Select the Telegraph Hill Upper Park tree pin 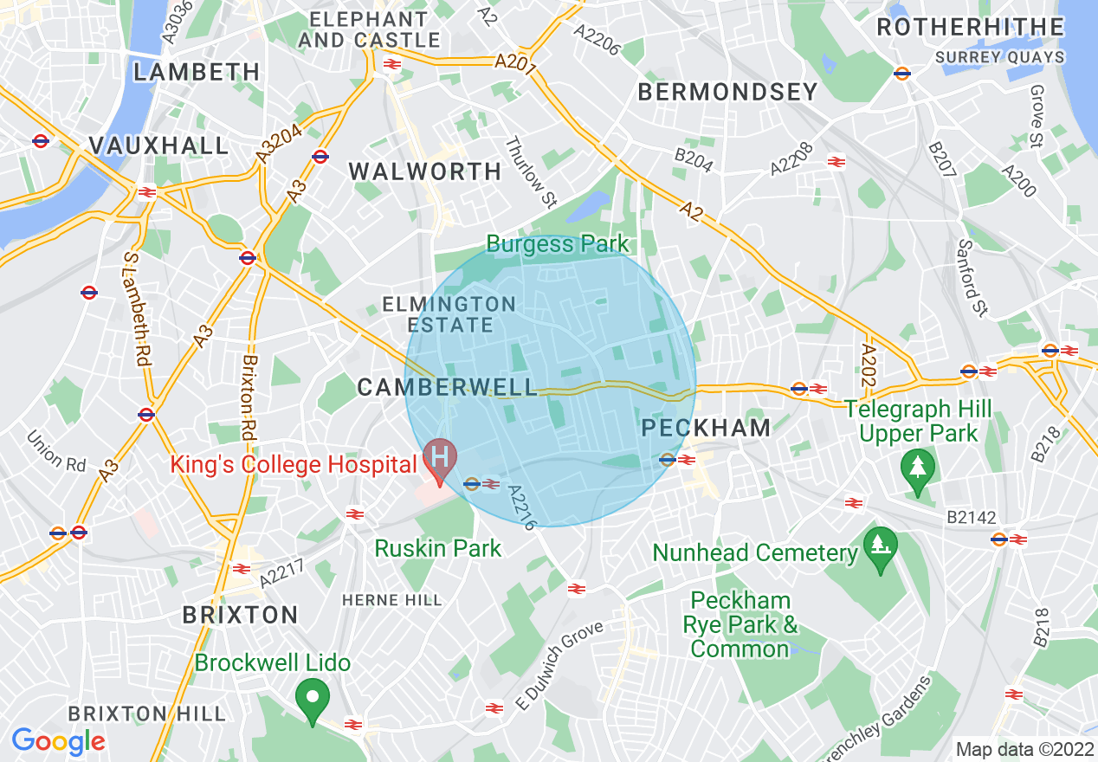917,469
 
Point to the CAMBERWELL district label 447,388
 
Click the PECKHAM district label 706,428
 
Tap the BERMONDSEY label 727,92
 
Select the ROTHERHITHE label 970,27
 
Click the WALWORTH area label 425,171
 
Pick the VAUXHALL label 158,145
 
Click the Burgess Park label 558,243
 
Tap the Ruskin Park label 437,548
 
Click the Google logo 58,741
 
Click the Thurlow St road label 530,172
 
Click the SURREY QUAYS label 1000,57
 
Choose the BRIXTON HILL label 147,714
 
